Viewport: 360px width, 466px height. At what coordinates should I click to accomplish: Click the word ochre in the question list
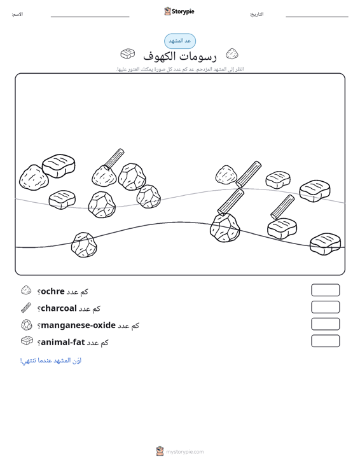(53, 291)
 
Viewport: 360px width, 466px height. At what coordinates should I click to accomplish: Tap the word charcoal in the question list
(59, 308)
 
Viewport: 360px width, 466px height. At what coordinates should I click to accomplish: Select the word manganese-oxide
(78, 325)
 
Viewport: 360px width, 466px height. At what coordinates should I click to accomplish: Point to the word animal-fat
(63, 342)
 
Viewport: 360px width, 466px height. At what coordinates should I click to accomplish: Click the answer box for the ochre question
(325, 290)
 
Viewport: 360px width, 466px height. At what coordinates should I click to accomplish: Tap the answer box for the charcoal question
(325, 307)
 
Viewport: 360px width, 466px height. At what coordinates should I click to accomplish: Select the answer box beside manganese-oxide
(325, 324)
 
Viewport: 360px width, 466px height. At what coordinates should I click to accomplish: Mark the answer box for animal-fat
(325, 341)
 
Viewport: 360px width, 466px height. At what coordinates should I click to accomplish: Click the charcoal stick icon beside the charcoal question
(26, 308)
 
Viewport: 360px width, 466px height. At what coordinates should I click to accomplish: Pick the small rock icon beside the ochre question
(26, 291)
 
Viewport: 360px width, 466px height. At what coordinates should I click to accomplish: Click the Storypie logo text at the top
(183, 11)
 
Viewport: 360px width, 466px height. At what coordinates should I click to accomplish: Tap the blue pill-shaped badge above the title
(180, 41)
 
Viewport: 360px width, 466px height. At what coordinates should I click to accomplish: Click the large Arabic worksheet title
(180, 56)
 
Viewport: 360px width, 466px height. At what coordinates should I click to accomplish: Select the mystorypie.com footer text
(184, 452)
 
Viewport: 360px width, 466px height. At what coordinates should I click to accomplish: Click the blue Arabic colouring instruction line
(50, 360)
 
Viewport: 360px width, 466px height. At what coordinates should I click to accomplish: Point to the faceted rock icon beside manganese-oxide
(27, 324)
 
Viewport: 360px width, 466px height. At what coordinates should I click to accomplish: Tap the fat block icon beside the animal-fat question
(27, 341)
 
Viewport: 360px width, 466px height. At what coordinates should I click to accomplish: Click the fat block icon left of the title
(128, 54)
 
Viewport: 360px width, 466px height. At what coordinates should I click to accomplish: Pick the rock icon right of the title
(232, 53)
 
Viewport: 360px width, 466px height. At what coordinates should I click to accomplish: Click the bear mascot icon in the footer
(160, 451)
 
